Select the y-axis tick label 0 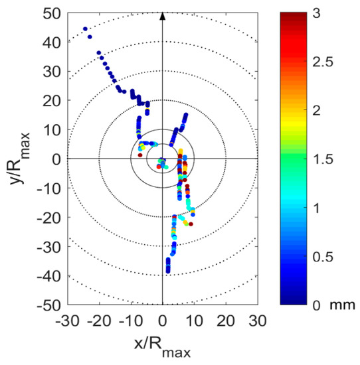57,159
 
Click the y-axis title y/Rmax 20,159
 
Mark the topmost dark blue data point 85,29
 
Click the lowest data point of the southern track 168,271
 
